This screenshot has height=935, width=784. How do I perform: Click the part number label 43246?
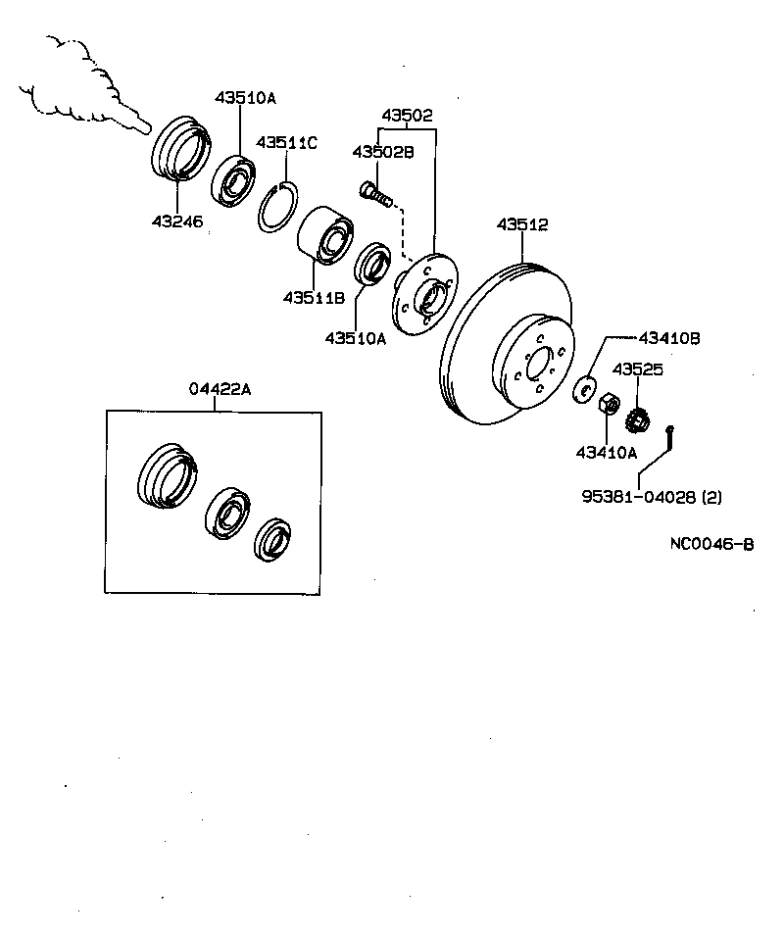tap(176, 222)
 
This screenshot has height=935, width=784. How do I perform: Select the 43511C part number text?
tap(287, 143)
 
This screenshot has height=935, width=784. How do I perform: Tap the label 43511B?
tap(314, 297)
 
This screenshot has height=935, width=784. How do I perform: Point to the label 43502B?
tap(383, 152)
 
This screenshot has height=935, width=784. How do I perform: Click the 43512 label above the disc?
tap(521, 224)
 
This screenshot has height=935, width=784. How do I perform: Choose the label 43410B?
tap(669, 338)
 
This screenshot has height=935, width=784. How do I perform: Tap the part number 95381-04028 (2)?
tap(651, 497)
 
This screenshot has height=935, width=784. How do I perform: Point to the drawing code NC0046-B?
tap(711, 545)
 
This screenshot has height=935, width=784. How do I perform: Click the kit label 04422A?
tap(220, 389)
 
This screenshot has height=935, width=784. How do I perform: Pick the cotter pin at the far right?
tap(671, 438)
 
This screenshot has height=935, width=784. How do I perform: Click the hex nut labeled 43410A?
tap(608, 402)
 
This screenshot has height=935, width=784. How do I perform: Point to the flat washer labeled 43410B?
tap(586, 389)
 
